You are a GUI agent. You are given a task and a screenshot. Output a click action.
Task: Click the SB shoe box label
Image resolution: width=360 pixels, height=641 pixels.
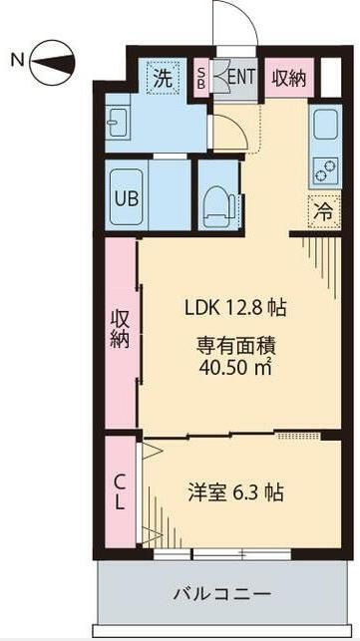pyautogui.click(x=201, y=77)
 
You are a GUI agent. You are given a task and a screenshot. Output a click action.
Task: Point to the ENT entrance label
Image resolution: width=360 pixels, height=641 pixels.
pyautogui.click(x=242, y=78)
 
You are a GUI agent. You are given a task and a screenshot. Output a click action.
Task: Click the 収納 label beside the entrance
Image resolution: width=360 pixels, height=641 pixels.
pyautogui.click(x=290, y=78)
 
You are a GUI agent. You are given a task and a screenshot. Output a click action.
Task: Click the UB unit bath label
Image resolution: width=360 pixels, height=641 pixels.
pyautogui.click(x=128, y=197)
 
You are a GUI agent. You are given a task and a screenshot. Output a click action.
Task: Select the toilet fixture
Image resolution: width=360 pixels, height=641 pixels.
pyautogui.click(x=215, y=202)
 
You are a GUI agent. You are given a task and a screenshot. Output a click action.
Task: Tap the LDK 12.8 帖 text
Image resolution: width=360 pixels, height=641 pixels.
pyautogui.click(x=235, y=308)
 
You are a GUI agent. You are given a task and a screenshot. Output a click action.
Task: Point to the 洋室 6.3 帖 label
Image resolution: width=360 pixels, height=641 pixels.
pyautogui.click(x=236, y=491)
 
